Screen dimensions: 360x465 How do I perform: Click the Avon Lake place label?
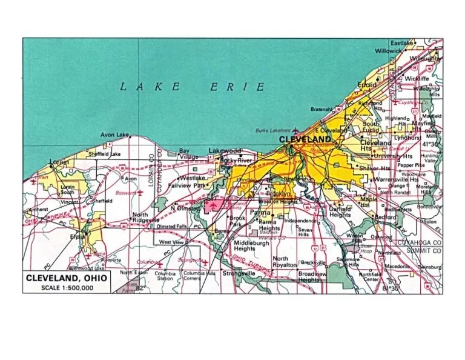point(114,135)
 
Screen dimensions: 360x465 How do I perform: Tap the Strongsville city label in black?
point(239,273)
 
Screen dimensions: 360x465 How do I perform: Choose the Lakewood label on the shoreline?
point(225,150)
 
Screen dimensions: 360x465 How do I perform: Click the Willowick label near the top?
point(387,52)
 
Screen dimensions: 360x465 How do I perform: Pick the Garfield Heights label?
point(340,212)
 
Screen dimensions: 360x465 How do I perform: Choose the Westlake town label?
point(192,178)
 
